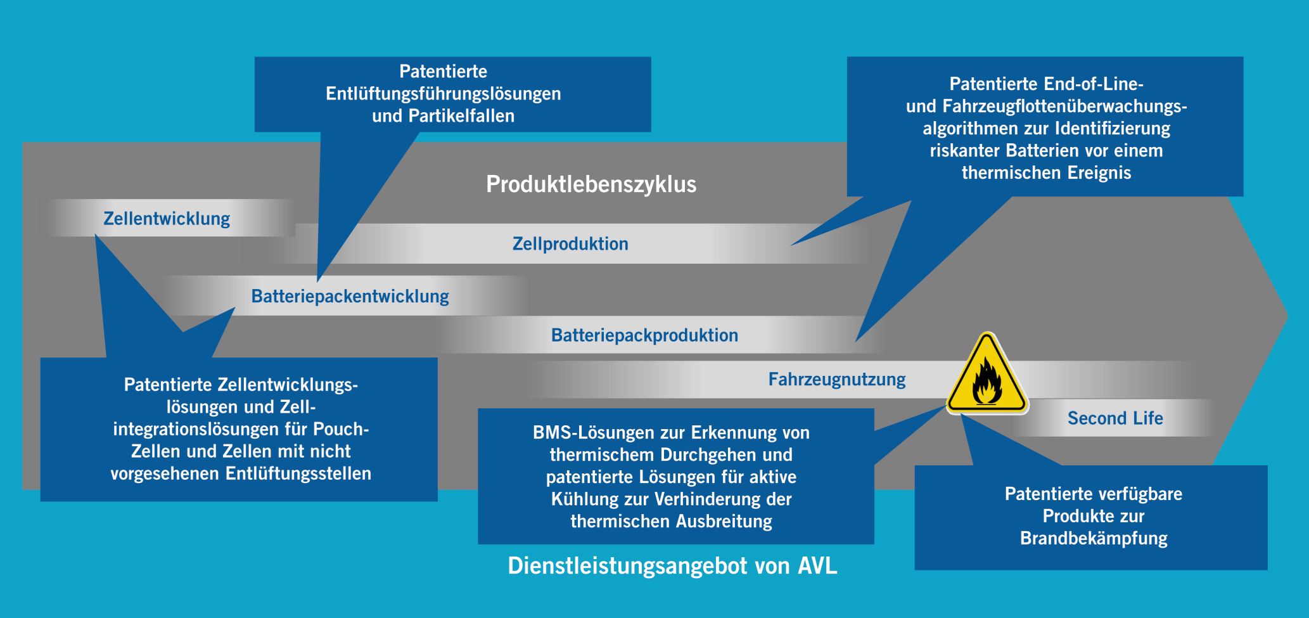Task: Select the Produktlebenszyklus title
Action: point(591,184)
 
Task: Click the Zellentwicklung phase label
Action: point(167,219)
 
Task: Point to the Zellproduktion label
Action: point(570,244)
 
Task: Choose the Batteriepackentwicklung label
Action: point(350,297)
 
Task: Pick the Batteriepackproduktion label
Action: point(644,335)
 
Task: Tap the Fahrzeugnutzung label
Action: point(836,380)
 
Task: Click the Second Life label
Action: point(1115,418)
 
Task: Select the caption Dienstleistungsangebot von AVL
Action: point(672,565)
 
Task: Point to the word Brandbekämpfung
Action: point(1094,539)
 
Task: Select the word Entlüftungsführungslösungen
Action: point(443,94)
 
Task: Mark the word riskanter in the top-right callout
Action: point(965,151)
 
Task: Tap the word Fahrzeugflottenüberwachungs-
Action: point(1064,106)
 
